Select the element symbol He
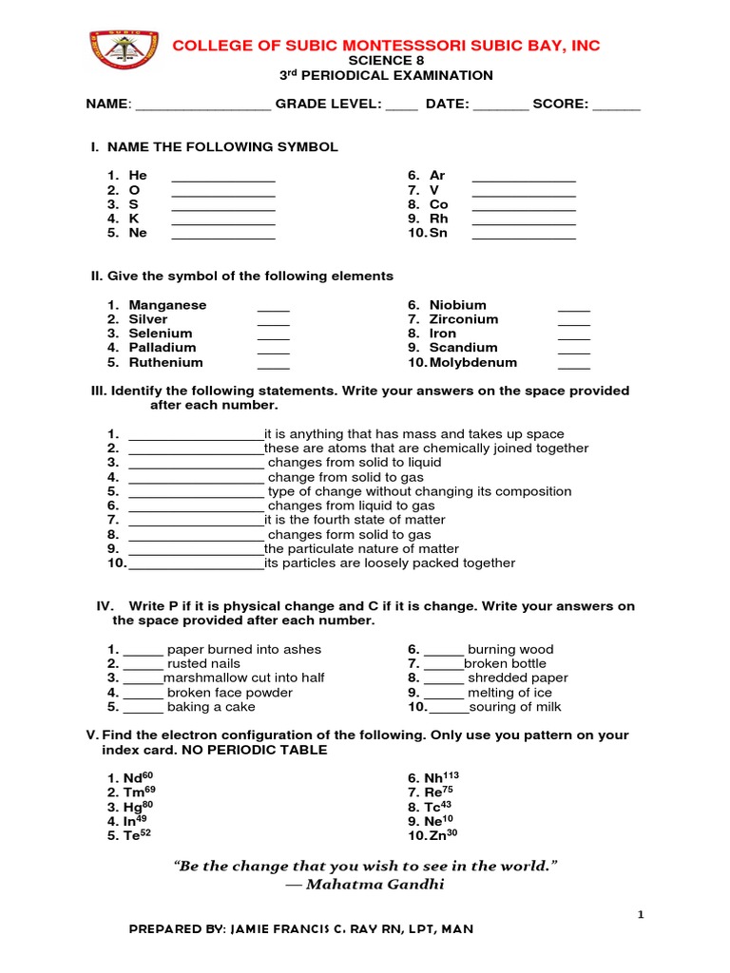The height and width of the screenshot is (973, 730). [138, 176]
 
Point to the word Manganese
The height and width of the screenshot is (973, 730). [167, 305]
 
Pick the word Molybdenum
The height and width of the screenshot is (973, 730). [472, 362]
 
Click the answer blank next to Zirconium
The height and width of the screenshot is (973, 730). [573, 321]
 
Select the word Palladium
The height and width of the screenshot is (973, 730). [163, 348]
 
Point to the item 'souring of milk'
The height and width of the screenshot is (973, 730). [515, 707]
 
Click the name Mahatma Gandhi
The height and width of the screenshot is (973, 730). [364, 885]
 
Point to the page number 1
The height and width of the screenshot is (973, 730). [640, 914]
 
